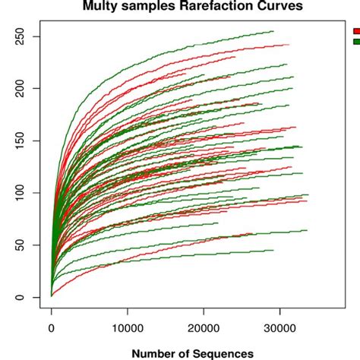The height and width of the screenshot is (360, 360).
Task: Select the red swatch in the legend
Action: pos(356,31)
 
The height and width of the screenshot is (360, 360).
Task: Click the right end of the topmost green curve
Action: pos(273,31)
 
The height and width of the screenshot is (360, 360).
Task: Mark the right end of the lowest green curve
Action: pos(273,250)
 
